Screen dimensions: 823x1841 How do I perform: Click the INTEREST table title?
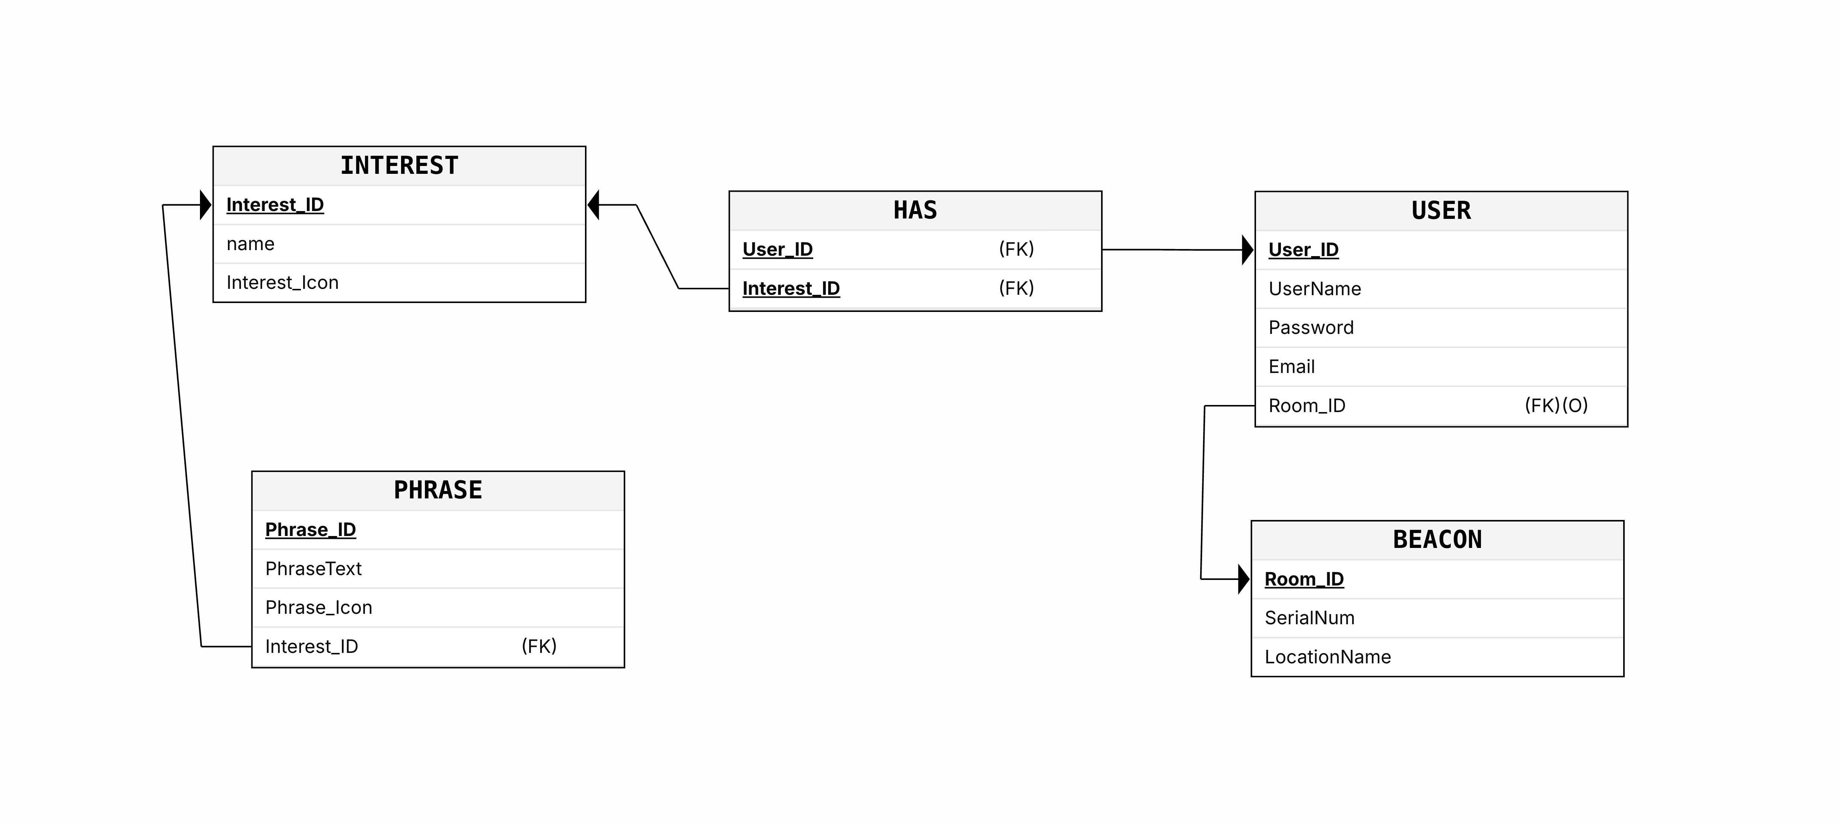399,166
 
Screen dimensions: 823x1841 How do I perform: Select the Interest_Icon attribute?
282,283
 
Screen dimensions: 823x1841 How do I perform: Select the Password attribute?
1311,328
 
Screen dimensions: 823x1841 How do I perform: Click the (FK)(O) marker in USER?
1556,406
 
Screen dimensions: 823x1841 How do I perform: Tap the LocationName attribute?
1327,657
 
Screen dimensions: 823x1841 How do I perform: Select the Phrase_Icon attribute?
319,608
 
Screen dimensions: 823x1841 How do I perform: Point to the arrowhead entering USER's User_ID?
1248,250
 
